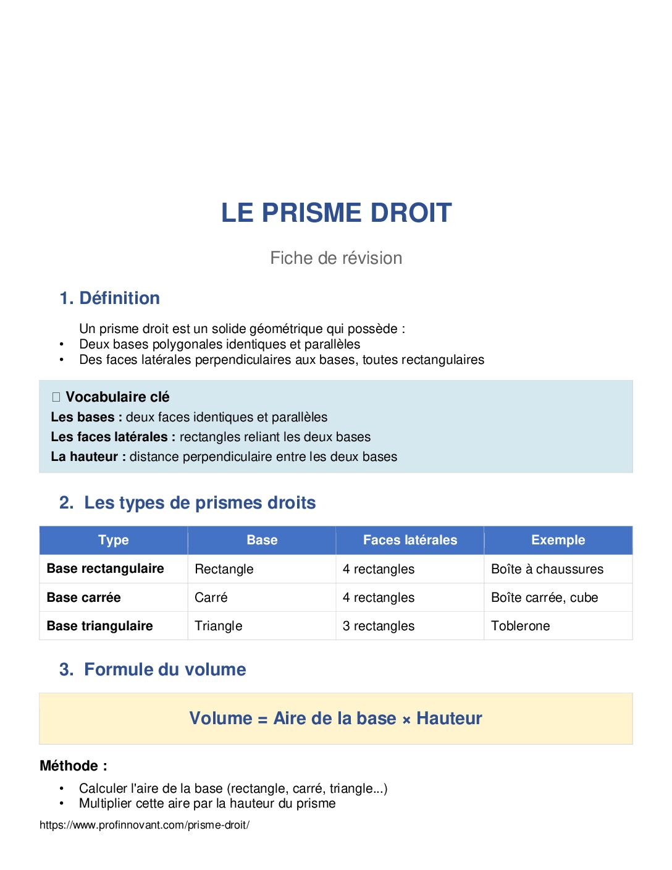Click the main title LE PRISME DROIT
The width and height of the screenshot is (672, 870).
pos(336,213)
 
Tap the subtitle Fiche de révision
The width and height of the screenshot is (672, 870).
pos(336,258)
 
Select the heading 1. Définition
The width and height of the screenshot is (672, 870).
pos(110,298)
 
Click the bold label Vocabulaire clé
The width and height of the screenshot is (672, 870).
pos(117,397)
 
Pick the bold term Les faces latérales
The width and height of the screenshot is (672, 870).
pos(109,437)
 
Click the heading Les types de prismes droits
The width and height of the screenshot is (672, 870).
pos(199,503)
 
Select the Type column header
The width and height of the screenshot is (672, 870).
pos(114,540)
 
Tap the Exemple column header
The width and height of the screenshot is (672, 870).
pos(558,540)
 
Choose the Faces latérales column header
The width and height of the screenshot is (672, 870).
pos(410,540)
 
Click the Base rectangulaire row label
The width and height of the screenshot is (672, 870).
pos(106,568)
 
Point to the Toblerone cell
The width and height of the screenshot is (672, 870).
pos(520,626)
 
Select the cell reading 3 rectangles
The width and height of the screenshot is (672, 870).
pos(379,626)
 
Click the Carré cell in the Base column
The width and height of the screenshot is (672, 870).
pos(211,598)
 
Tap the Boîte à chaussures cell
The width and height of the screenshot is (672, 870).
pos(547,569)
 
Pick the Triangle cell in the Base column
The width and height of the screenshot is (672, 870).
pos(219,626)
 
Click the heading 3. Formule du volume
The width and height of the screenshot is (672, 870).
pos(153,670)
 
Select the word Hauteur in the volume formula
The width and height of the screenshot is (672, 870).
pos(449,719)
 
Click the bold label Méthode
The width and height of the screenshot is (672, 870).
pos(73,766)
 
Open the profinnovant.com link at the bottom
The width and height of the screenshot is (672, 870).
pos(145,825)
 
